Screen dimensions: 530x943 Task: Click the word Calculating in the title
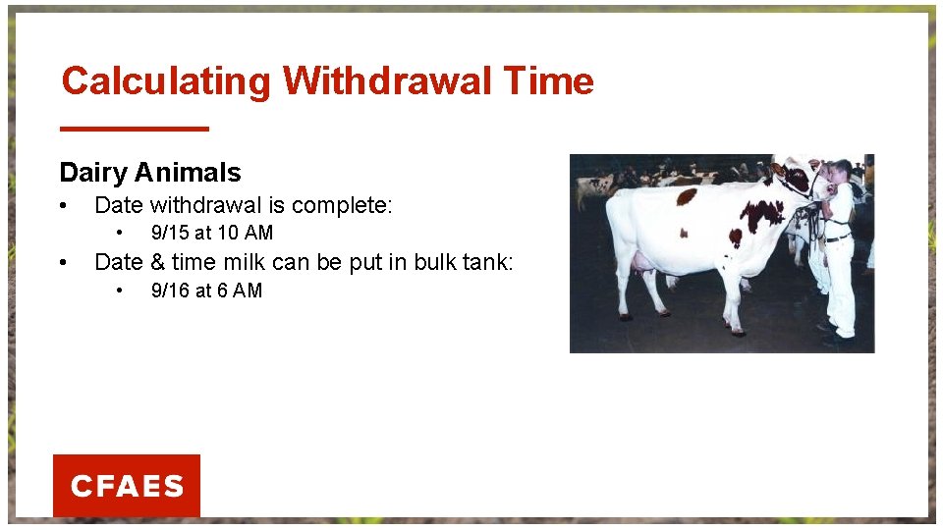point(165,81)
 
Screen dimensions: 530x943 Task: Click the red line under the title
point(135,129)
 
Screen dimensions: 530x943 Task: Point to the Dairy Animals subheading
point(149,173)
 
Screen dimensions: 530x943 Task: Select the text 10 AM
point(246,233)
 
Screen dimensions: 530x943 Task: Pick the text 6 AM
point(240,291)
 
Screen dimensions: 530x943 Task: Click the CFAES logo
point(127,486)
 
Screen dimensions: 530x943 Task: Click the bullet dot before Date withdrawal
point(64,206)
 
